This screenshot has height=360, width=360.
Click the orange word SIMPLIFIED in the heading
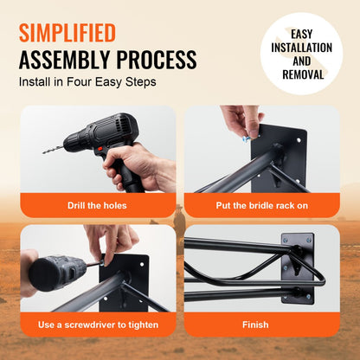(67, 33)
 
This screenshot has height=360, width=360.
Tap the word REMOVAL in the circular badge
(301, 74)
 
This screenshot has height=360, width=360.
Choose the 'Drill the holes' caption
(97, 205)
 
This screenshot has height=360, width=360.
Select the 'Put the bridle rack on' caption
(263, 205)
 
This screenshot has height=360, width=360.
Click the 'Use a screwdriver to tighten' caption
(97, 325)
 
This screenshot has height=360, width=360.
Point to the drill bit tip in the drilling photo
(46, 151)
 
